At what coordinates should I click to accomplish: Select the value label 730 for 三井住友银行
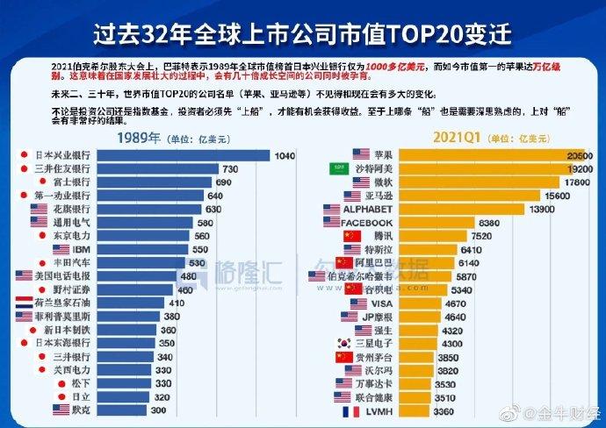(232, 168)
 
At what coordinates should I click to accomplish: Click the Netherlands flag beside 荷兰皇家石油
(25, 303)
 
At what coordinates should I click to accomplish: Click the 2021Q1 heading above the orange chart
(458, 138)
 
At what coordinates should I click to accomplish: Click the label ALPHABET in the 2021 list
(365, 209)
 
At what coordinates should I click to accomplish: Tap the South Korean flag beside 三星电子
(336, 344)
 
